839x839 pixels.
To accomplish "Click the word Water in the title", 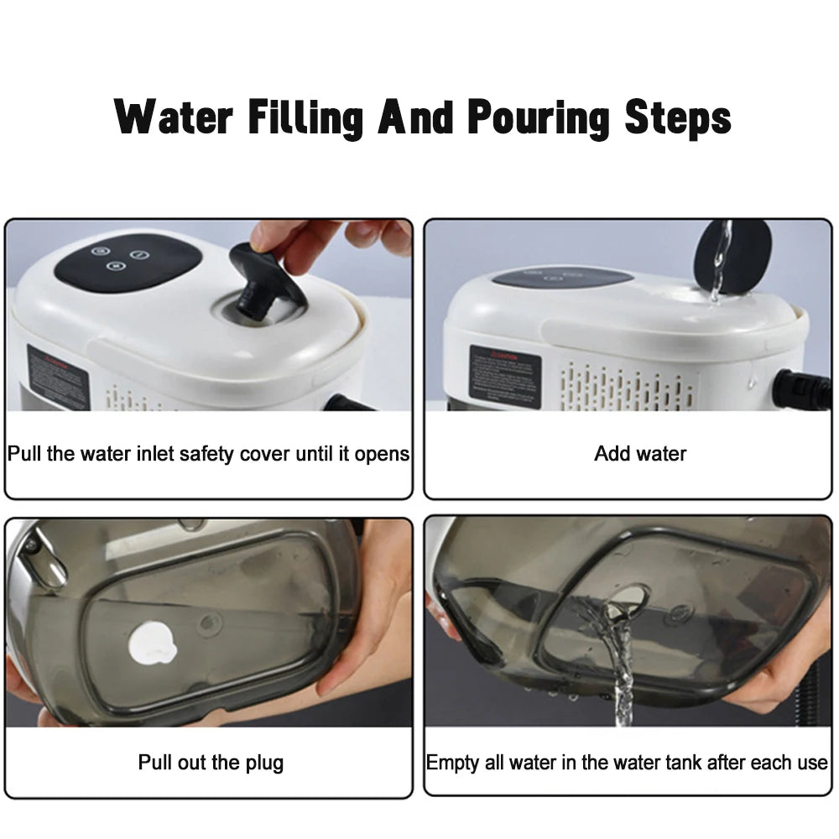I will (x=173, y=117).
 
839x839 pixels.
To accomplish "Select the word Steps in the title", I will (x=678, y=119).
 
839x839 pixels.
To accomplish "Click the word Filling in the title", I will (x=305, y=119).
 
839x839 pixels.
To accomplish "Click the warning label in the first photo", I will (x=57, y=377).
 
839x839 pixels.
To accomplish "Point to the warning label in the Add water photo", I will (x=505, y=375).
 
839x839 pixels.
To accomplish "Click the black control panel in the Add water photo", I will (x=561, y=278).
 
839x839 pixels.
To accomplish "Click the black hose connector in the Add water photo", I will (x=800, y=389).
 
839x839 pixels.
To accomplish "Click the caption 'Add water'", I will (x=640, y=454).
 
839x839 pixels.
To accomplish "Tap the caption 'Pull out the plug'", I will (x=211, y=763).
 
